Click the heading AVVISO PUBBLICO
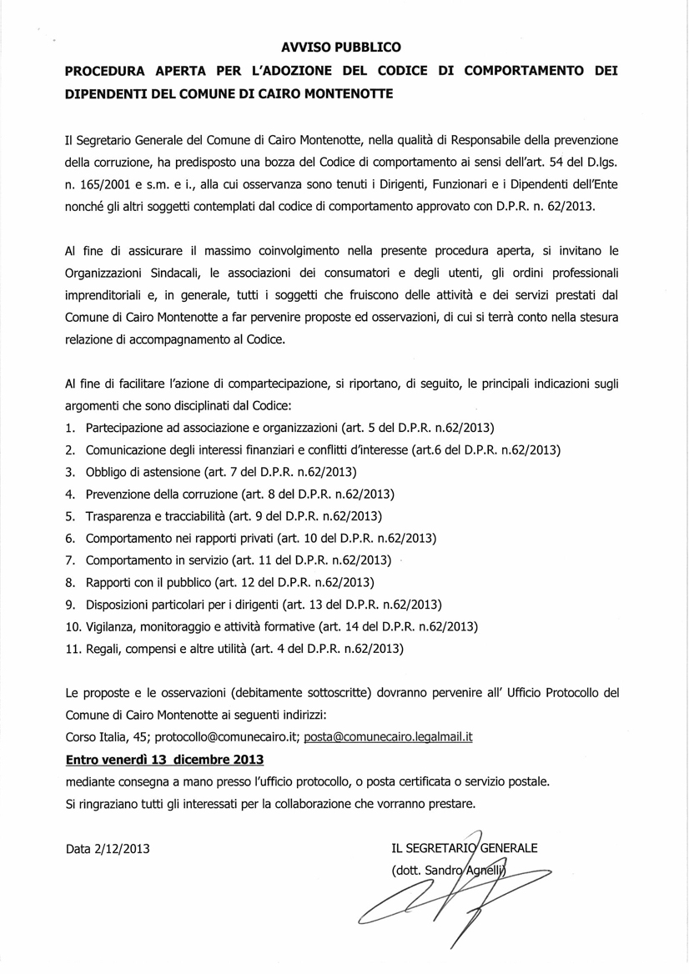point(340,48)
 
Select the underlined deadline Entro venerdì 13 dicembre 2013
point(164,760)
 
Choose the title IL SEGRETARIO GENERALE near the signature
point(464,849)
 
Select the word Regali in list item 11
point(104,647)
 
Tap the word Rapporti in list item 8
point(110,581)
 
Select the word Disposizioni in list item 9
point(121,604)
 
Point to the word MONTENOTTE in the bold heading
point(345,94)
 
